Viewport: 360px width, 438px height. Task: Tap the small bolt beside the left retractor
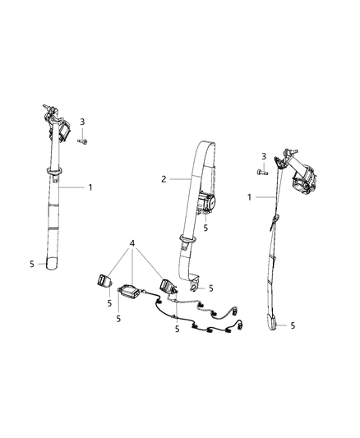(83, 142)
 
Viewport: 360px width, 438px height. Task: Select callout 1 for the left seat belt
(90, 187)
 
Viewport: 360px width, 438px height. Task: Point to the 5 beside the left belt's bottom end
(31, 264)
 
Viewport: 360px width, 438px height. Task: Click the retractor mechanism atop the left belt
(58, 123)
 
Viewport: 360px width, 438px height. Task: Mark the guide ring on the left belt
(54, 170)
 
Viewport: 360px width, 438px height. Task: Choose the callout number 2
(163, 178)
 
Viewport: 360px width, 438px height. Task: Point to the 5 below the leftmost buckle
(108, 303)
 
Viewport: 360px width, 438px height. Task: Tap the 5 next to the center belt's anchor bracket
(212, 288)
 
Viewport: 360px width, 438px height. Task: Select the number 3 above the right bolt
(262, 156)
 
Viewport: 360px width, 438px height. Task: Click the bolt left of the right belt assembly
(261, 173)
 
